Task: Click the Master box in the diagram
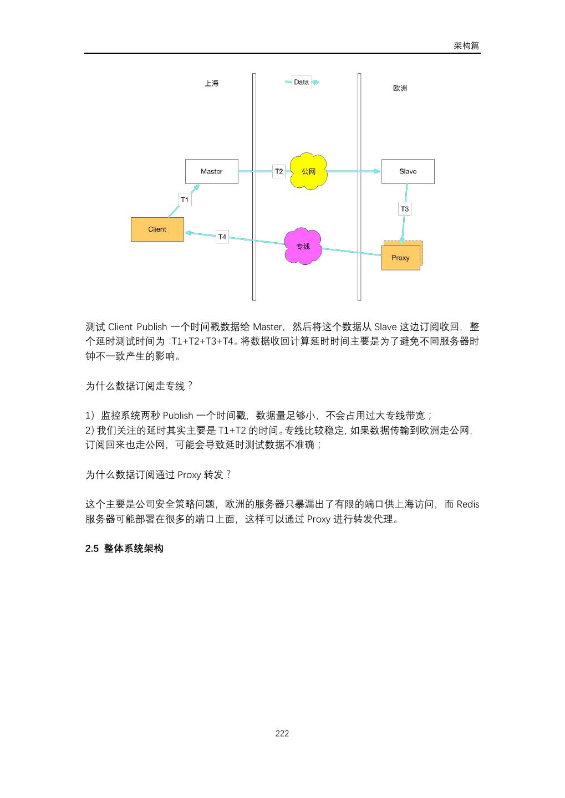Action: (211, 171)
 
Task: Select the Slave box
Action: (408, 171)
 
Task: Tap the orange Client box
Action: (157, 229)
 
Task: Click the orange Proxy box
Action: (400, 258)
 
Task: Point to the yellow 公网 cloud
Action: (308, 172)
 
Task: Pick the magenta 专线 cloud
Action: (303, 246)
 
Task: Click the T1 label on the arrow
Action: (185, 199)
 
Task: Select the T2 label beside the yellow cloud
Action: (279, 171)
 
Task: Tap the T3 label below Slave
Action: (405, 209)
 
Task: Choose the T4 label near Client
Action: (222, 237)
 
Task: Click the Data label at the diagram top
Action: (301, 82)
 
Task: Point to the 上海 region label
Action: (211, 84)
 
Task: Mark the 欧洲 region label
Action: (400, 89)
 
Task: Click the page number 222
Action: (282, 733)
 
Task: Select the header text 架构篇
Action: (466, 46)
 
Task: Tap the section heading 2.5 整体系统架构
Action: (124, 549)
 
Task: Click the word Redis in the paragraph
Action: (468, 504)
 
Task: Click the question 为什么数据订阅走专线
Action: (139, 386)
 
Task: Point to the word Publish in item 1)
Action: (178, 415)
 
